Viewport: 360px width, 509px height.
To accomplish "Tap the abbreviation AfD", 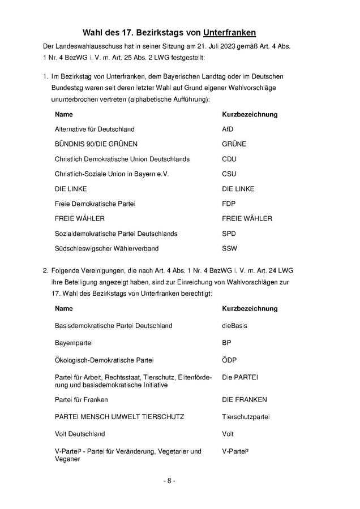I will (x=228, y=130).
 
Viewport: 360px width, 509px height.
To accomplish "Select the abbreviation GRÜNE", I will (x=234, y=144).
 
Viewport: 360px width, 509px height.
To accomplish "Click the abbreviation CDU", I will (x=229, y=159).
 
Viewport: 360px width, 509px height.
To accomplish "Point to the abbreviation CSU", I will (x=229, y=174).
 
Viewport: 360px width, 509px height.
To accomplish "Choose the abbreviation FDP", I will (x=229, y=204).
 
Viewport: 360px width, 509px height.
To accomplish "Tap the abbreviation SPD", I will (x=229, y=234).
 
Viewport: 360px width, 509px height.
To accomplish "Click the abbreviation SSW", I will (x=229, y=248).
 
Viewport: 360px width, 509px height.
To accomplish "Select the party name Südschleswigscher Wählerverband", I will (x=106, y=248).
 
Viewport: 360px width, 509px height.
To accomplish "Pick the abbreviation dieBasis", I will (x=234, y=326).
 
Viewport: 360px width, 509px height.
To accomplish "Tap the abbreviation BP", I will (x=226, y=343).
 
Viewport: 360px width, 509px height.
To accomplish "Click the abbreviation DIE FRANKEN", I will (x=244, y=400).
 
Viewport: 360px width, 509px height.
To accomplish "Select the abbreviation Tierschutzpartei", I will (x=246, y=417).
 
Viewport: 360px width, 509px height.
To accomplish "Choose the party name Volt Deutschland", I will (x=80, y=434).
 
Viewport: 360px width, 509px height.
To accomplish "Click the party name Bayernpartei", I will (x=74, y=343).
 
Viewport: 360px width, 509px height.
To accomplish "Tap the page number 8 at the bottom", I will (x=170, y=481).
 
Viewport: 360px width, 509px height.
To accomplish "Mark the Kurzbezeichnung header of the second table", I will (x=250, y=309).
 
